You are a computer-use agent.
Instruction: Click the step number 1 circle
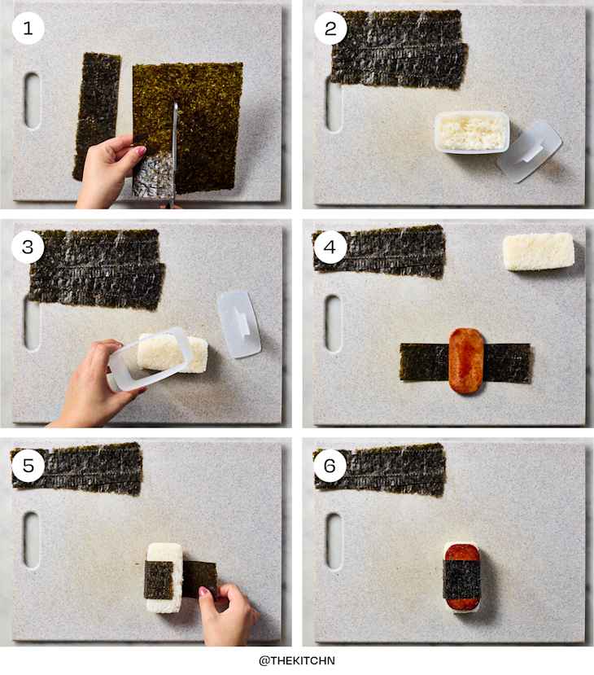[x=28, y=28]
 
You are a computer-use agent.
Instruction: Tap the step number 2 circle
[x=330, y=28]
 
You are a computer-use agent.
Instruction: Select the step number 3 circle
[x=28, y=247]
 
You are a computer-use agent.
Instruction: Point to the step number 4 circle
[x=330, y=247]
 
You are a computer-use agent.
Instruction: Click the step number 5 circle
[x=28, y=465]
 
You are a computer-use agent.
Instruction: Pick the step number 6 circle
[x=330, y=465]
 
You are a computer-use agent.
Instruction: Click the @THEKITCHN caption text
[x=297, y=660]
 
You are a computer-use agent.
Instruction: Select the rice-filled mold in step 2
[x=472, y=132]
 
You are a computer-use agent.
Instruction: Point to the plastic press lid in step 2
[x=531, y=151]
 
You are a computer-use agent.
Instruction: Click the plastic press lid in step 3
[x=238, y=324]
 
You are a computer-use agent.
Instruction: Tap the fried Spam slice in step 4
[x=466, y=361]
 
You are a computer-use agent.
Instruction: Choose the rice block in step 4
[x=539, y=252]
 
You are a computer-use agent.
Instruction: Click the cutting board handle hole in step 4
[x=334, y=323]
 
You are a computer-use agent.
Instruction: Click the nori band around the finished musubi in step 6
[x=461, y=580]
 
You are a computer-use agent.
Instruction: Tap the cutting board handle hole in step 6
[x=334, y=541]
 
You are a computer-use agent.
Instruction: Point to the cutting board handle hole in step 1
[x=32, y=101]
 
